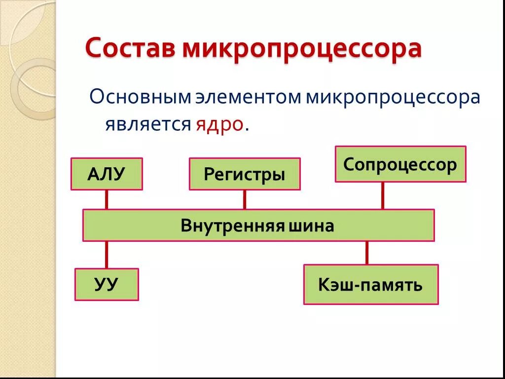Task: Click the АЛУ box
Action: [x=107, y=174]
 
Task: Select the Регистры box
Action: [x=245, y=174]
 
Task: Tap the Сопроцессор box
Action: [x=400, y=164]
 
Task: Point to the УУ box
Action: [x=107, y=284]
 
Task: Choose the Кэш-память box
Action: [x=371, y=284]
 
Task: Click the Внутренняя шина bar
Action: [x=258, y=225]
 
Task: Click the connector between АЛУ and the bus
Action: [x=107, y=199]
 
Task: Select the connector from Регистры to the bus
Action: [x=245, y=199]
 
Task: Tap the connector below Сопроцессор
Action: [x=382, y=195]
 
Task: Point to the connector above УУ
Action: [x=107, y=255]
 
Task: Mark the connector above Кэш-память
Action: [x=366, y=253]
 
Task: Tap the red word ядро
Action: [x=219, y=124]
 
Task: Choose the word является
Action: [x=147, y=124]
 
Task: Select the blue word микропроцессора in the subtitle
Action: [x=393, y=98]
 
